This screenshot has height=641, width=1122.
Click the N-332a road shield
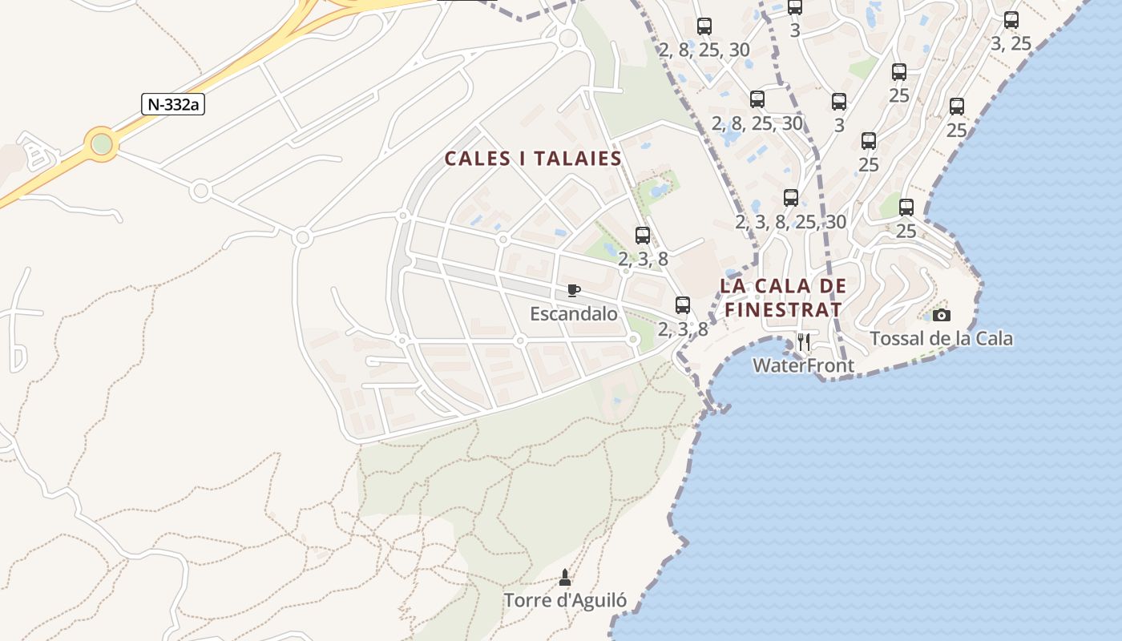click(172, 104)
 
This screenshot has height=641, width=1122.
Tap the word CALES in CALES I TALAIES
click(478, 159)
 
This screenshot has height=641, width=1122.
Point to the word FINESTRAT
click(783, 309)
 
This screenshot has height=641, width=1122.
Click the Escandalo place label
click(574, 313)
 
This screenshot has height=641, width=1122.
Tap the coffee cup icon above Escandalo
click(574, 290)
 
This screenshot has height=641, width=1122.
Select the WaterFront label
click(803, 366)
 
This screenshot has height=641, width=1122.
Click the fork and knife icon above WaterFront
click(804, 342)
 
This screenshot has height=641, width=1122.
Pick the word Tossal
click(898, 339)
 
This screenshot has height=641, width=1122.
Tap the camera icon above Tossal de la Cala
click(942, 316)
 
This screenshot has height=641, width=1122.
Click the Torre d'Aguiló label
click(565, 600)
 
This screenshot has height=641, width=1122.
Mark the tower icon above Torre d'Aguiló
click(565, 577)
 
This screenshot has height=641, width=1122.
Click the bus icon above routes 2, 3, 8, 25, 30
click(791, 198)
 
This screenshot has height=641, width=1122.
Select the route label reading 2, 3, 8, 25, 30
click(791, 222)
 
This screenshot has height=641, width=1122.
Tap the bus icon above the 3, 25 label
click(1011, 20)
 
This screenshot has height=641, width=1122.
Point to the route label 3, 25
click(1011, 44)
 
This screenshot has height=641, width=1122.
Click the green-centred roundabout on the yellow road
click(102, 144)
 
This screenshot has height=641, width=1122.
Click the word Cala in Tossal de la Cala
click(994, 339)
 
